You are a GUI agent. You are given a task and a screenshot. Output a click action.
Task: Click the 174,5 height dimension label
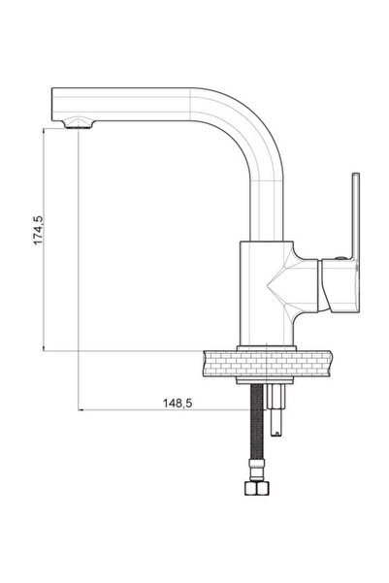coord(39,231)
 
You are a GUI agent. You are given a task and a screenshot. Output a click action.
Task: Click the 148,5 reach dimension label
coord(178,403)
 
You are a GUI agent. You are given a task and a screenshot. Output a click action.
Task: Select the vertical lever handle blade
coord(355,215)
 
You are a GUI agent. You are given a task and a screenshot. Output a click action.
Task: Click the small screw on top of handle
coord(340,257)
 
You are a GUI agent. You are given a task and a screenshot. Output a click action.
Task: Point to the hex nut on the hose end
coord(258,488)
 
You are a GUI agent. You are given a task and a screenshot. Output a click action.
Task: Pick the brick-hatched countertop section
coord(268,363)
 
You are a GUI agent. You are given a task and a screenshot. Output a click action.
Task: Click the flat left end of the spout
coord(52,105)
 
